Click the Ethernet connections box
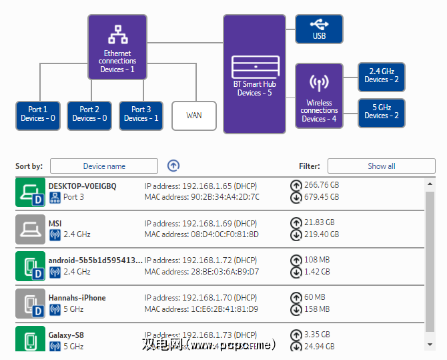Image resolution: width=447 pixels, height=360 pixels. (117, 47)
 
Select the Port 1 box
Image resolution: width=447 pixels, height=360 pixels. (38, 114)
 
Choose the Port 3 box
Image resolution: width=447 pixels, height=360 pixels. (141, 114)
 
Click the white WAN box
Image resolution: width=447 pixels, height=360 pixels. (194, 115)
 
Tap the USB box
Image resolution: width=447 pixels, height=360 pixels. (319, 30)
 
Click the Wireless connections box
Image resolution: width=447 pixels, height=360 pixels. (319, 96)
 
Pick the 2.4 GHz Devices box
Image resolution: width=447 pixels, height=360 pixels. (381, 76)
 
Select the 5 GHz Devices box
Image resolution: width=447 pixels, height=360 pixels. (381, 112)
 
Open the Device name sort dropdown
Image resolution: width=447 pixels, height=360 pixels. (104, 166)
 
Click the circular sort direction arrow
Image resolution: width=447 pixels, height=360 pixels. (173, 166)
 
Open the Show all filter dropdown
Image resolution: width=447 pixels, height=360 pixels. (381, 166)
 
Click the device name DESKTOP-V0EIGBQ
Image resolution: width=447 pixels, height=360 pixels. (83, 186)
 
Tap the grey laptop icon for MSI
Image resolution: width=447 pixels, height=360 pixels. (29, 228)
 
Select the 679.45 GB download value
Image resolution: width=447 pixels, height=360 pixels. (322, 197)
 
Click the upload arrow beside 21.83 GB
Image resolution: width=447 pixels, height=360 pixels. (296, 222)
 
